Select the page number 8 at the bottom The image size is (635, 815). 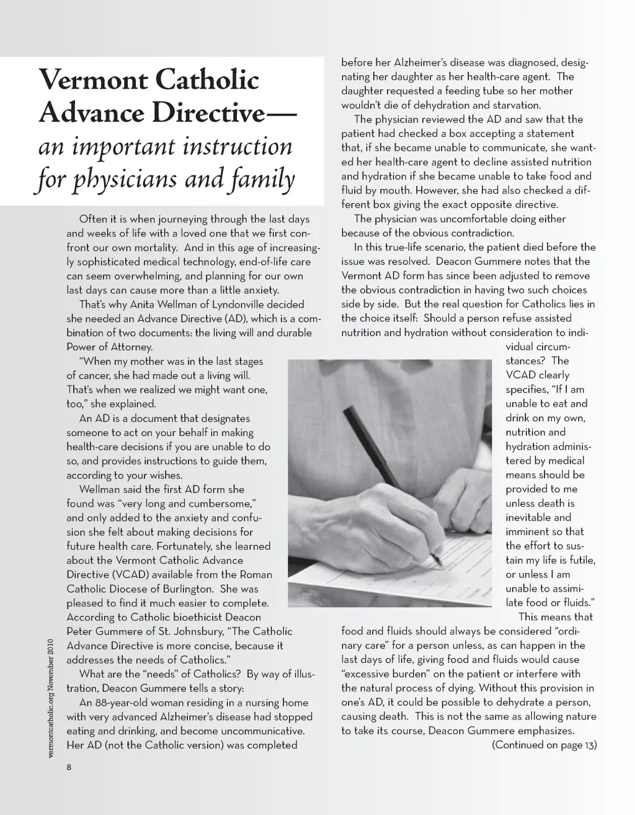click(69, 767)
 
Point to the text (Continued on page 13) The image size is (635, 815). click(544, 745)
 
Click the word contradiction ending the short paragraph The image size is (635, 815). click(481, 233)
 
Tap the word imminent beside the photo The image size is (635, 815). click(527, 532)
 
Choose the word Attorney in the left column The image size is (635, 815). click(129, 347)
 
